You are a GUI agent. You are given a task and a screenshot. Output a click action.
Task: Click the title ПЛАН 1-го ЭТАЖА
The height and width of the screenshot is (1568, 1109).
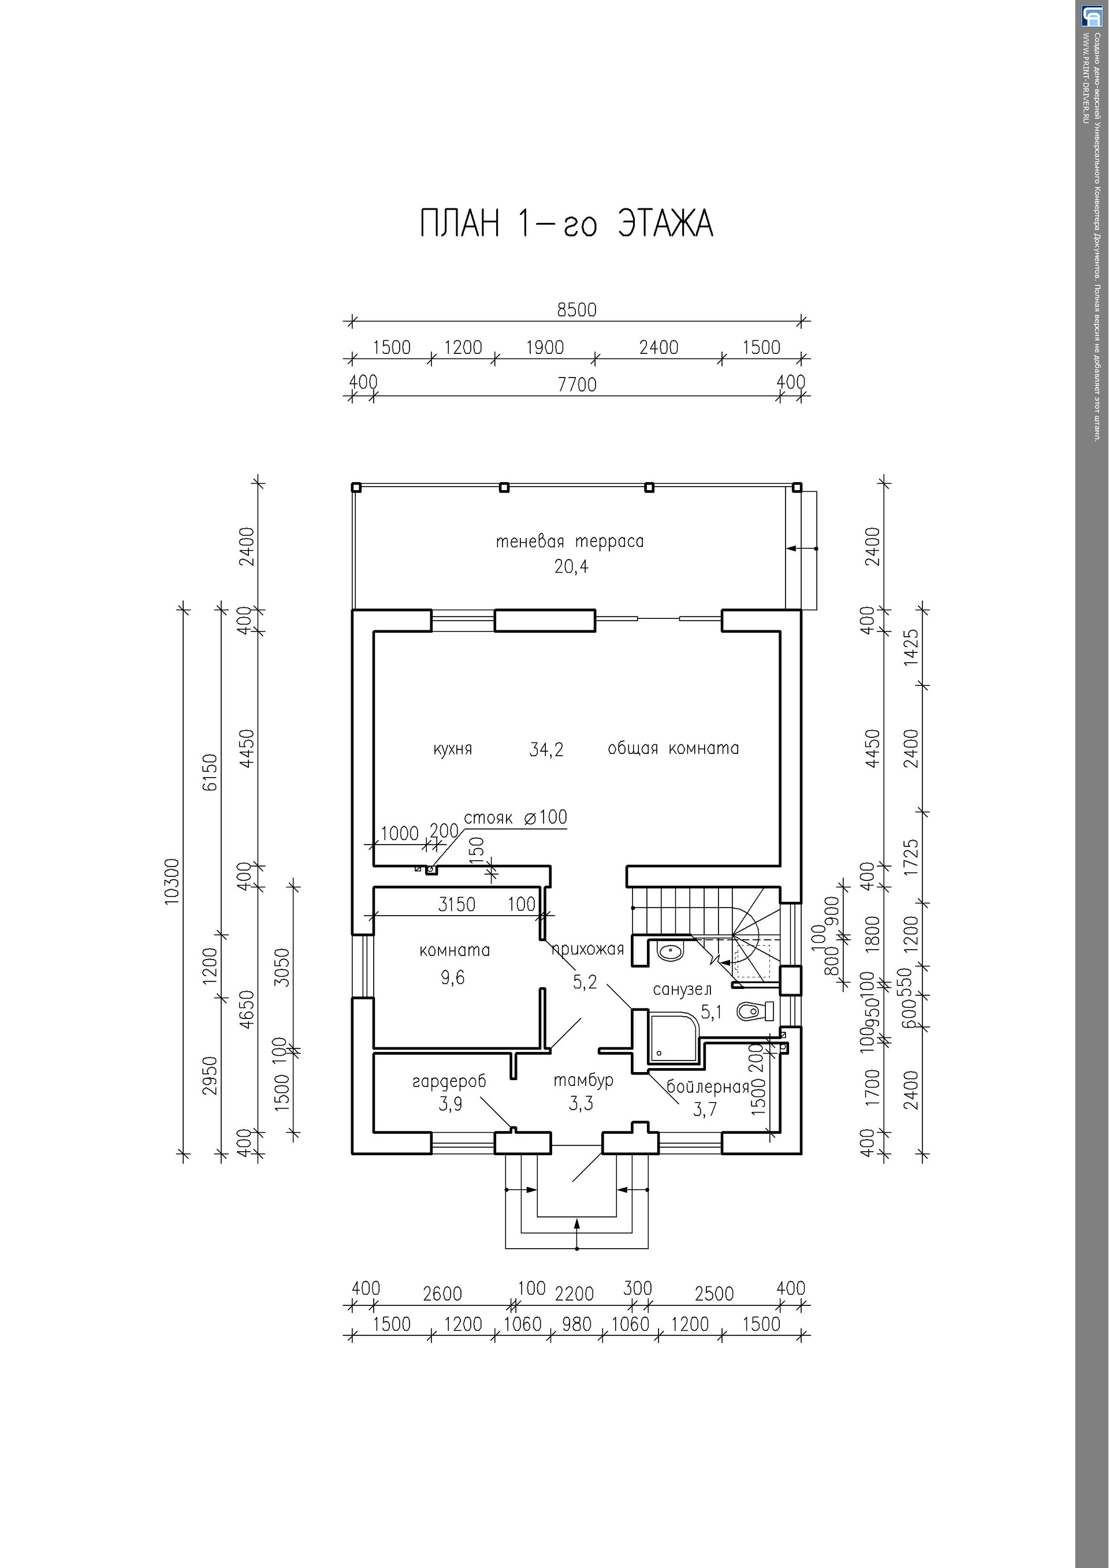567,224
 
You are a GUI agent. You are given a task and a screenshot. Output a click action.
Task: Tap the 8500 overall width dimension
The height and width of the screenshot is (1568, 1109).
576,310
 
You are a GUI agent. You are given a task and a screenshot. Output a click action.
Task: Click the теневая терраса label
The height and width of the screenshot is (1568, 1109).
570,542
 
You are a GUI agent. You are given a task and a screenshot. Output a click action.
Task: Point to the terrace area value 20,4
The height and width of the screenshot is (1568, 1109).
571,567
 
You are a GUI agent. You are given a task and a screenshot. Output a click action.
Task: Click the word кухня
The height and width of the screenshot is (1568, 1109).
452,749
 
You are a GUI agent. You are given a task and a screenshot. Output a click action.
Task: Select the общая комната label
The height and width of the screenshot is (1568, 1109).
673,748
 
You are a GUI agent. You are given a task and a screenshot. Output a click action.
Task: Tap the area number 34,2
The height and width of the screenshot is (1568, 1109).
546,750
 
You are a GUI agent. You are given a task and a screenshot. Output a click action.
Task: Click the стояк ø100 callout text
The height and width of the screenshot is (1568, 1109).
515,817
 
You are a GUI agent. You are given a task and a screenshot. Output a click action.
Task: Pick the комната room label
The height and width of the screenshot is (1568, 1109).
455,950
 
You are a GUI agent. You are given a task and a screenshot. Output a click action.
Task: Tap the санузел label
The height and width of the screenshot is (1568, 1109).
682,990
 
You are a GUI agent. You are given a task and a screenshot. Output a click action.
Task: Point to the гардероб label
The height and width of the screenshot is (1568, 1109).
449,1081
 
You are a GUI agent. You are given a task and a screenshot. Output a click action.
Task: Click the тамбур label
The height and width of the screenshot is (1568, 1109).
583,1080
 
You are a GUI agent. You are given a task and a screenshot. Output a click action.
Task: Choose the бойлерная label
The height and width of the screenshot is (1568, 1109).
708,1087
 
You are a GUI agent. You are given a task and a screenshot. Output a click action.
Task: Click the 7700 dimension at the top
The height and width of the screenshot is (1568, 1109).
576,384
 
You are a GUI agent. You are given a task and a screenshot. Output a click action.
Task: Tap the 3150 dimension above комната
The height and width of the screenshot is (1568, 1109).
456,904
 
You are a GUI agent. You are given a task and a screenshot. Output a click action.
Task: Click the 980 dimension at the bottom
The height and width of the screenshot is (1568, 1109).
576,1324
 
